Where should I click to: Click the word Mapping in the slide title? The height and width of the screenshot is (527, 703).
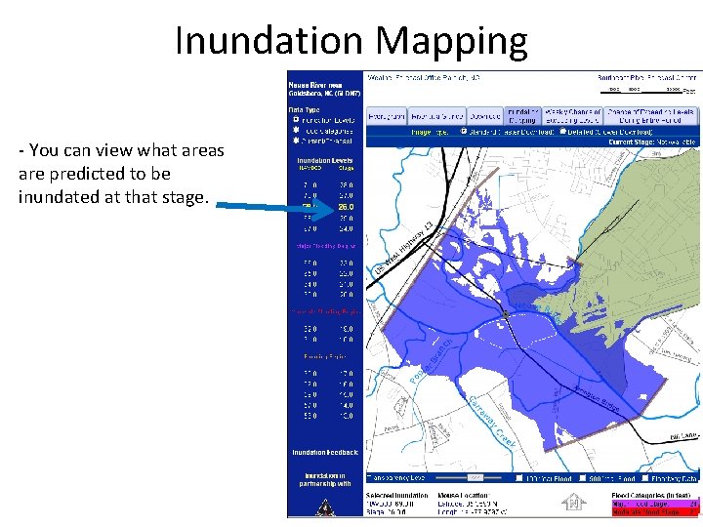[450, 40]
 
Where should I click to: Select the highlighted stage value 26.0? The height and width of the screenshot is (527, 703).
[345, 206]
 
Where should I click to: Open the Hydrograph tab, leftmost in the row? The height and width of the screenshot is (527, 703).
[387, 115]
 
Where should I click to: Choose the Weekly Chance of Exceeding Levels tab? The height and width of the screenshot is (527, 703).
[574, 115]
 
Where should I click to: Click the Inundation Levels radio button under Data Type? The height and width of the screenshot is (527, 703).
[297, 120]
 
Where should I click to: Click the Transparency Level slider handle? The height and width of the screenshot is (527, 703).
[475, 478]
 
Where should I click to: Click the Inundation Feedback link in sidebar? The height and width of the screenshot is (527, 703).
[324, 452]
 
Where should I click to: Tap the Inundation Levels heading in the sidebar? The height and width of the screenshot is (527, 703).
[324, 161]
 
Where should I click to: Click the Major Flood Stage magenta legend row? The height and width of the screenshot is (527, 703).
[653, 503]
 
